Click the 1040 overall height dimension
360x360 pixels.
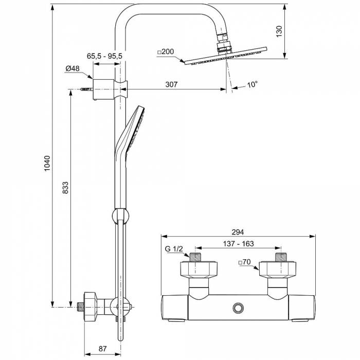pyautogui.click(x=47, y=163)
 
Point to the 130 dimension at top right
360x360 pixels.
pyautogui.click(x=279, y=31)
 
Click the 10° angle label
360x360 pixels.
pyautogui.click(x=252, y=85)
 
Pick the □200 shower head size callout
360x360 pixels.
pyautogui.click(x=165, y=52)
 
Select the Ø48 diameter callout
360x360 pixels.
pyautogui.click(x=73, y=68)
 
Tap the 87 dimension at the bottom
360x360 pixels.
pyautogui.click(x=102, y=349)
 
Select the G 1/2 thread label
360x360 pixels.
pyautogui.click(x=174, y=249)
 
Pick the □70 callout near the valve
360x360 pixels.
pyautogui.click(x=244, y=262)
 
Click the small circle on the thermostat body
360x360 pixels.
pyautogui.click(x=238, y=308)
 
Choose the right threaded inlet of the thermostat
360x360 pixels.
pyautogui.click(x=280, y=257)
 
